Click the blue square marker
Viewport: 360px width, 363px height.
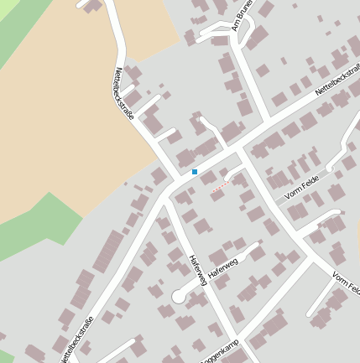pos(195,171)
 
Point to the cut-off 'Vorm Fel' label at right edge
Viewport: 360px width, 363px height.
pos(345,283)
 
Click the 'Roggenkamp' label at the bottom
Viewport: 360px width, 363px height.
pos(221,351)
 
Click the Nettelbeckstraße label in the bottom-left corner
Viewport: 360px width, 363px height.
pos(78,338)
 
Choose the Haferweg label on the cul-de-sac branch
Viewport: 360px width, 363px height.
pos(222,267)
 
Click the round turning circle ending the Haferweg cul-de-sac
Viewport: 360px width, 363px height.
pos(179,295)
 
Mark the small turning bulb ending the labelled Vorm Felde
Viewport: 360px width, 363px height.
pos(330,169)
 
